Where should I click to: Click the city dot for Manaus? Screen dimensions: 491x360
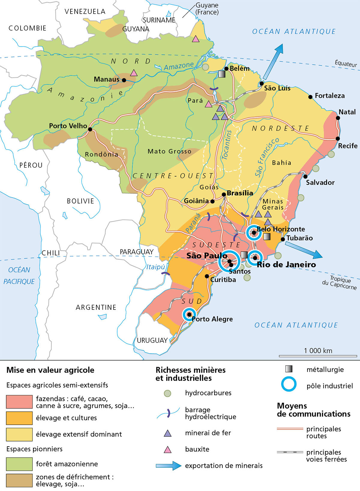pyautogui.click(x=124, y=80)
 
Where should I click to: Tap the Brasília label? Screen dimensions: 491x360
pyautogui.click(x=240, y=193)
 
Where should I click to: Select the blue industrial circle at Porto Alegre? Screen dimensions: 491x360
pyautogui.click(x=189, y=314)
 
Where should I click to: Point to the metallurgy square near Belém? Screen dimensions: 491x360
pyautogui.click(x=222, y=74)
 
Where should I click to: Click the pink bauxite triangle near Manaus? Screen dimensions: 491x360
pyautogui.click(x=134, y=73)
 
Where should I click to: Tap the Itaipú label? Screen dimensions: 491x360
pyautogui.click(x=155, y=267)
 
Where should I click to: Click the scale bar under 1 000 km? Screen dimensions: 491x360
pyautogui.click(x=318, y=356)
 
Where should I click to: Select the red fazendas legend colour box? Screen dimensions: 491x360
pyautogui.click(x=19, y=402)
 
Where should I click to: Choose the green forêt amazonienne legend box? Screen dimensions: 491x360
pyautogui.click(x=19, y=464)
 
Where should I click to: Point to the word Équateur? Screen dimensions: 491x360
pyautogui.click(x=346, y=63)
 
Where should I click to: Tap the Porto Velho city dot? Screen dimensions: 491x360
pyautogui.click(x=90, y=129)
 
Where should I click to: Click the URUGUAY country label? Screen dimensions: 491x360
pyautogui.click(x=152, y=340)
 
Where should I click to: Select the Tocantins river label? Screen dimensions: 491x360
pyautogui.click(x=227, y=145)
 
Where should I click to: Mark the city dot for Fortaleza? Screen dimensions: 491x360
pyautogui.click(x=310, y=97)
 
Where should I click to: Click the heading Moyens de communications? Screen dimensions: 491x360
pyautogui.click(x=313, y=410)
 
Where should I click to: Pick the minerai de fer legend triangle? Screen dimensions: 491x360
pyautogui.click(x=167, y=433)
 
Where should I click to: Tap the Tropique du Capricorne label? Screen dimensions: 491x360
pyautogui.click(x=340, y=283)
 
